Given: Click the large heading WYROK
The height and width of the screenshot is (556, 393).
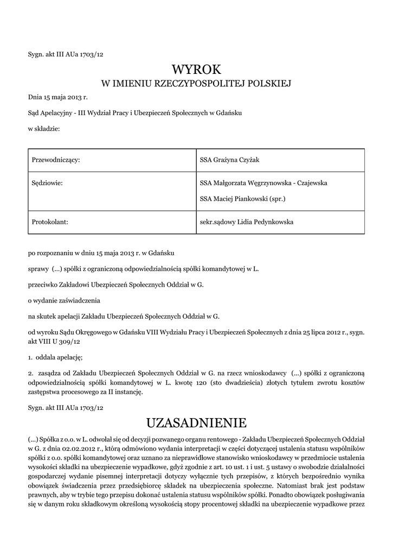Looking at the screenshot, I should pos(197,69).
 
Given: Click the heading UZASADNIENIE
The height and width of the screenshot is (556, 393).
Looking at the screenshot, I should pos(197,422).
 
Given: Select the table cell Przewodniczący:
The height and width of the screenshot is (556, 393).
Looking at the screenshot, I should pos(56,160).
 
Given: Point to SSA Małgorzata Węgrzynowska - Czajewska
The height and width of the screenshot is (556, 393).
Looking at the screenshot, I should pos(263,183).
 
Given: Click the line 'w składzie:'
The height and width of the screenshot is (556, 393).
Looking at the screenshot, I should pos(44,129).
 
